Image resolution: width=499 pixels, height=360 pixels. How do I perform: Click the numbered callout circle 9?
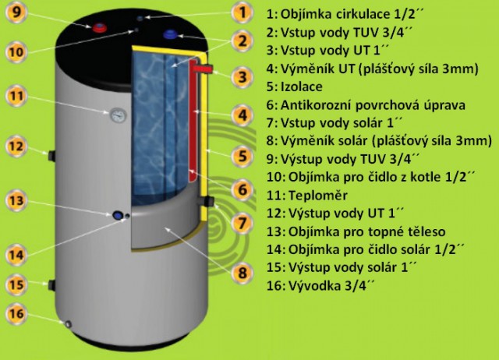pos(16,12)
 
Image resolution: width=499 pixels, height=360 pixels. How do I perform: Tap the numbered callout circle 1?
pos(242,12)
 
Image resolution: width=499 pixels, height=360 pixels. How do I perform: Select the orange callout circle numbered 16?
pos(16,313)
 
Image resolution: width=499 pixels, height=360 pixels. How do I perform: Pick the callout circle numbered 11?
pos(16,96)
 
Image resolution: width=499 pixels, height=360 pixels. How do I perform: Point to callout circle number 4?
pos(242,115)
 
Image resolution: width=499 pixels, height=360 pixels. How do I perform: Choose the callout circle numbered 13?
pos(16,200)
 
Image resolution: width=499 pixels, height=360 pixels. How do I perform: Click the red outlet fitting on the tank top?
pos(100,28)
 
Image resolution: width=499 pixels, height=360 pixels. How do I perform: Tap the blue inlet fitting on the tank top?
pos(171,34)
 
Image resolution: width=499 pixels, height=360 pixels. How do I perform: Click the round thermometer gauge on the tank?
pos(118,115)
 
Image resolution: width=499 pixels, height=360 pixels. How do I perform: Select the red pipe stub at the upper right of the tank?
pos(203,69)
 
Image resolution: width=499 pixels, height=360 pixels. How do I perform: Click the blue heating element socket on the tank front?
pos(118,215)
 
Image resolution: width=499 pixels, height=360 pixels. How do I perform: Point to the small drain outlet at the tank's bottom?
pos(68,324)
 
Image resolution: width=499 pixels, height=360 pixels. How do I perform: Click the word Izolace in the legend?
pos(302,86)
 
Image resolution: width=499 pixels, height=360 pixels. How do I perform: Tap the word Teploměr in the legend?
pos(317,196)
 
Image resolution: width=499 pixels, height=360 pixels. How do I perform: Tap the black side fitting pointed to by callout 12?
pos(51,156)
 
